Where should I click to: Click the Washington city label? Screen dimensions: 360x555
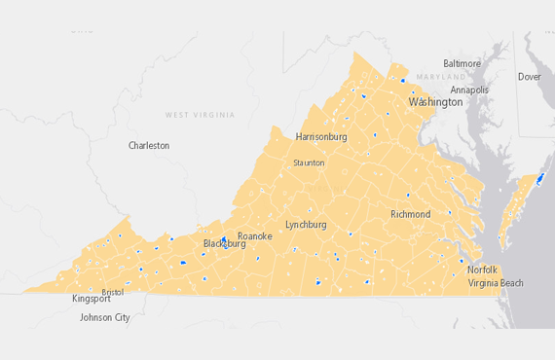[x=435, y=102]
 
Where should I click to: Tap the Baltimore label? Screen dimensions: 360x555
[x=462, y=63]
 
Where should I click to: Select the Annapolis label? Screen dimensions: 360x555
[x=469, y=90]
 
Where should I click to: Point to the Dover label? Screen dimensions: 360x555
[x=530, y=77]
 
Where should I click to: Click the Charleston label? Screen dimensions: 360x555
[x=149, y=145]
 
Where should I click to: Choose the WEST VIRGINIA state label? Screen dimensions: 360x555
[x=200, y=115]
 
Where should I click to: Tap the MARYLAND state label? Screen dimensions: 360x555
[x=441, y=77]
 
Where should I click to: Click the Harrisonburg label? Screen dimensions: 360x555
[x=321, y=137]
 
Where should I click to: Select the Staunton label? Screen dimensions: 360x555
[x=309, y=162]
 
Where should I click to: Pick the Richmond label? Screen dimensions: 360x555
[x=410, y=214]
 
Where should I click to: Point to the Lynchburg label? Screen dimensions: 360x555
[x=306, y=225]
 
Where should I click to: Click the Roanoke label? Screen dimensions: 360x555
[x=255, y=236]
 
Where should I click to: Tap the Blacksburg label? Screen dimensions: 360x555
[x=224, y=244]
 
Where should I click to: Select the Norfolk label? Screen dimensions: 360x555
[x=482, y=270]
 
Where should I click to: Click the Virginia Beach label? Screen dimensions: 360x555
[x=496, y=283]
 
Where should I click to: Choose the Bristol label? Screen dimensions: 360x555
[x=113, y=292]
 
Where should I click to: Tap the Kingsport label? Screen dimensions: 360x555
[x=92, y=299]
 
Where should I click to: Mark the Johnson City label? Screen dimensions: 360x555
[x=105, y=317]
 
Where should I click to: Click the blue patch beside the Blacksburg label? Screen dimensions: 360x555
[x=224, y=238]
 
